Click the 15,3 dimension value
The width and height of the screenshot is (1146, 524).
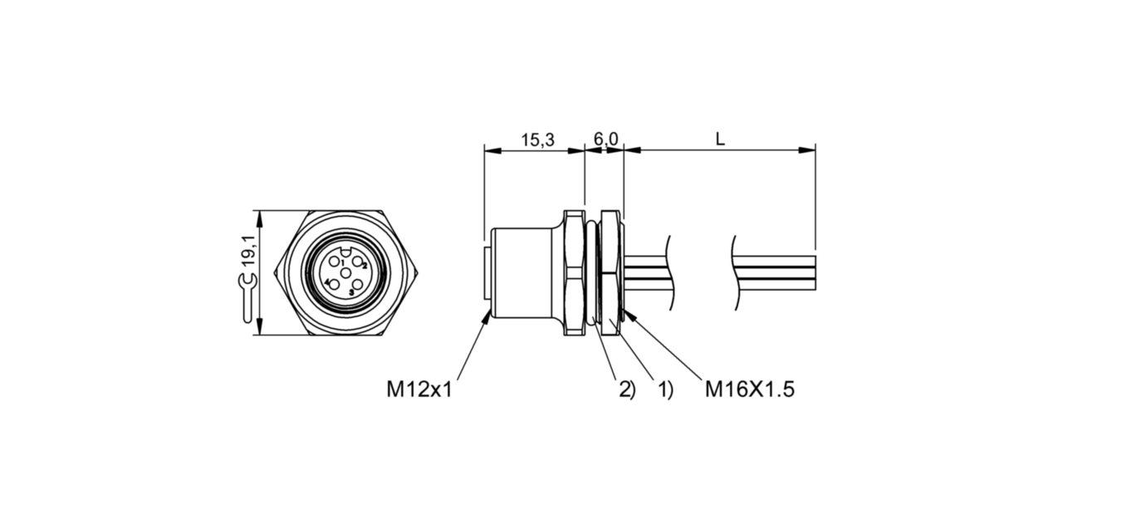[537, 140]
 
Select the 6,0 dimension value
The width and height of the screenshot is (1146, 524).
[605, 140]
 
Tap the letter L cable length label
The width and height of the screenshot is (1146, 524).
[720, 140]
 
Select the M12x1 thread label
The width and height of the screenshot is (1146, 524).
[419, 389]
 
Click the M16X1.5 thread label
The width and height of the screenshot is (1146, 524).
[749, 389]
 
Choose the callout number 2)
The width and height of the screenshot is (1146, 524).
[626, 389]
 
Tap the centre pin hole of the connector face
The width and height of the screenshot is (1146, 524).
[346, 272]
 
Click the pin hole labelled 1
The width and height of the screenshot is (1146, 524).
[335, 262]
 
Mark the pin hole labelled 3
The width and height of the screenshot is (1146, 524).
[357, 284]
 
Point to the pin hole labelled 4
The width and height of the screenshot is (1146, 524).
[334, 284]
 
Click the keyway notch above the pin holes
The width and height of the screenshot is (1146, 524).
[346, 254]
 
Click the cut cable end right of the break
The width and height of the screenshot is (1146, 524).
[776, 272]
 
